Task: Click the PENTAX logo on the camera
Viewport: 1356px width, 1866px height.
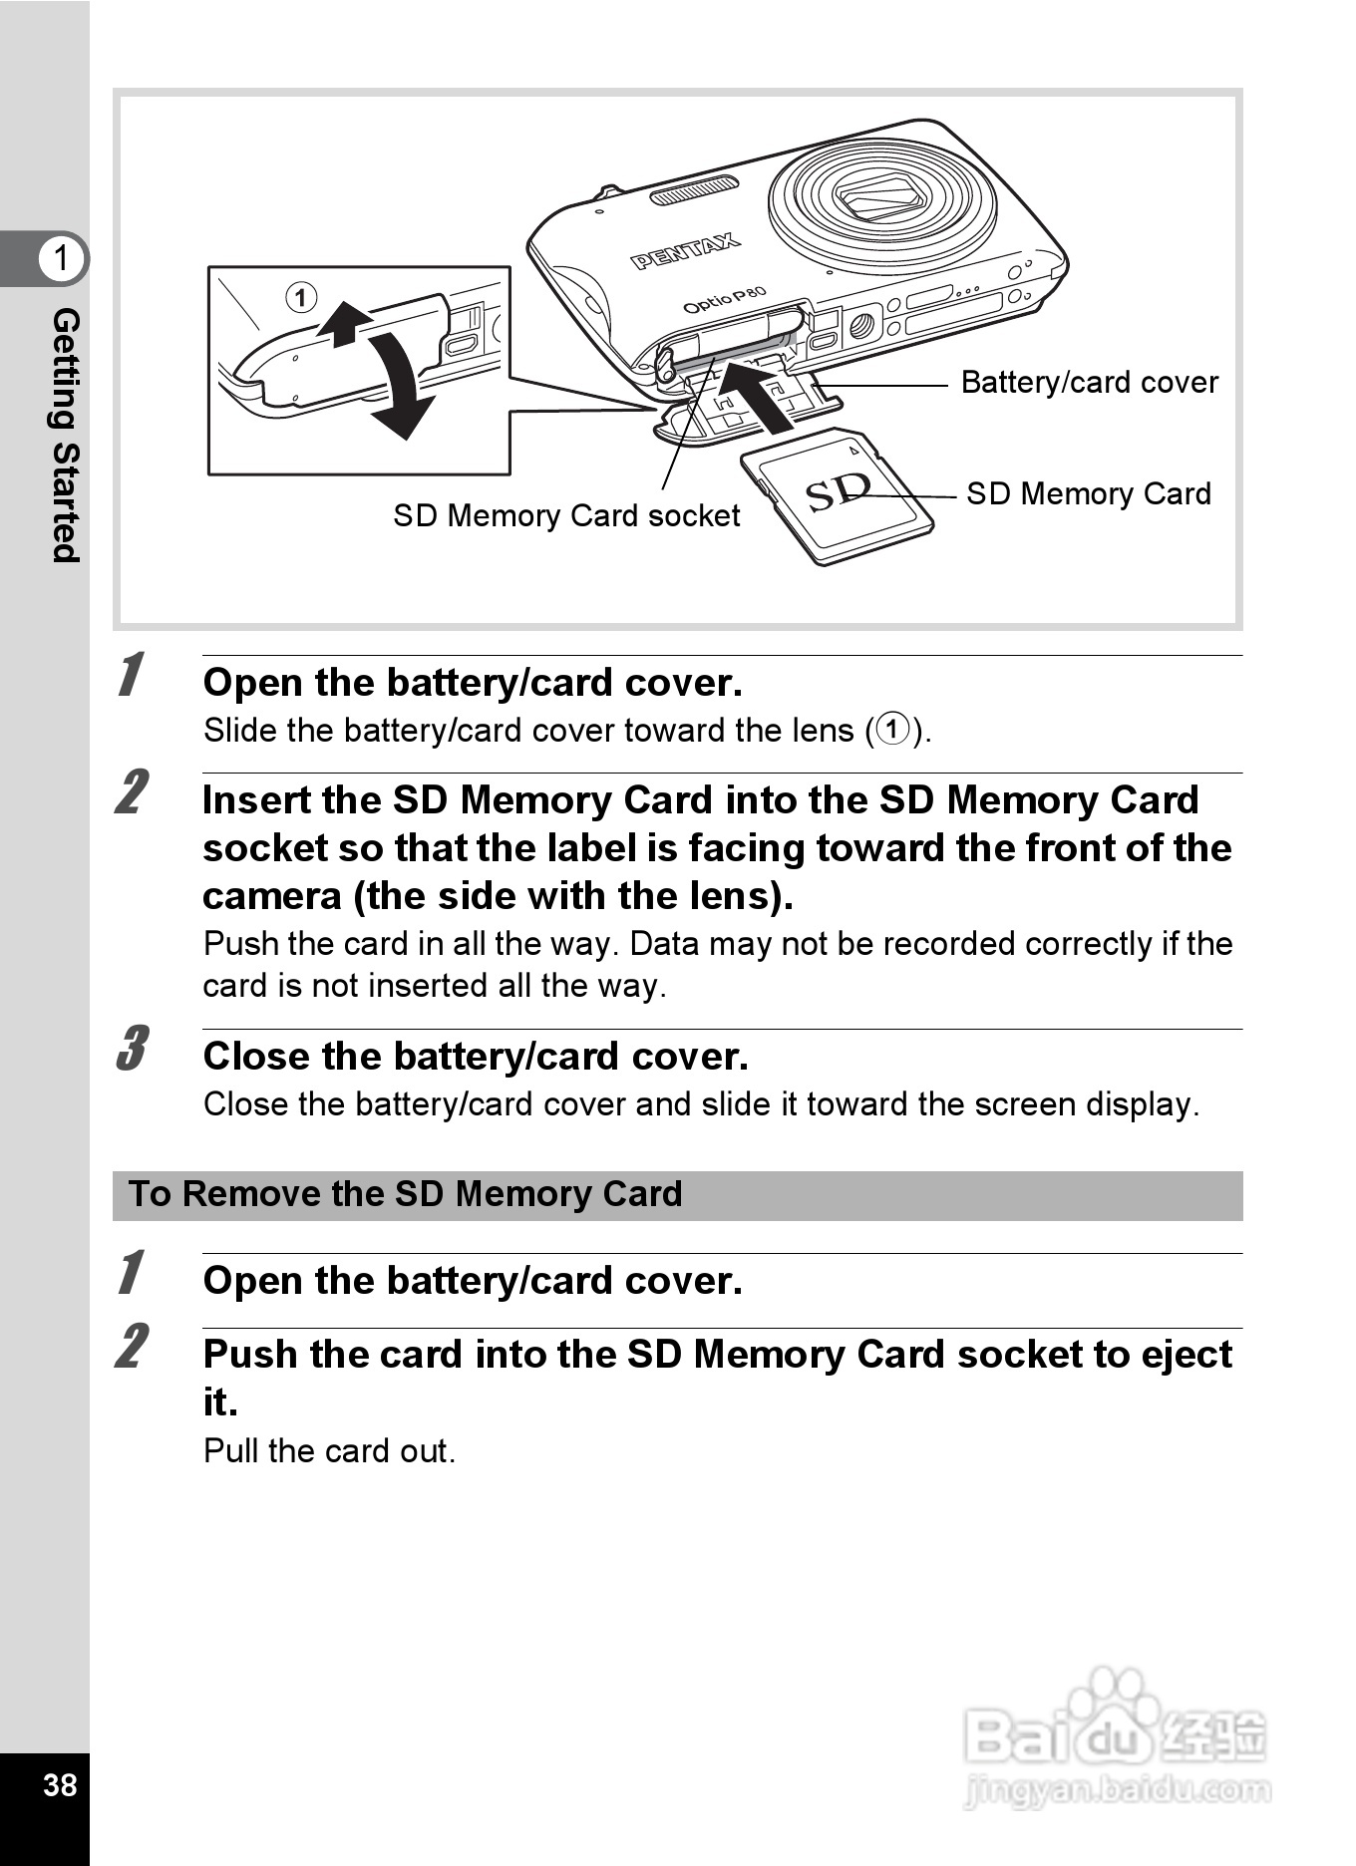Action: [x=685, y=252]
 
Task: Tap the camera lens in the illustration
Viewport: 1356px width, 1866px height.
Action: [x=881, y=196]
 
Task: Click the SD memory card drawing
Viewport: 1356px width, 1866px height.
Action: [x=838, y=495]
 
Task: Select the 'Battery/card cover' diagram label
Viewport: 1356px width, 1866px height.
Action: [x=1089, y=383]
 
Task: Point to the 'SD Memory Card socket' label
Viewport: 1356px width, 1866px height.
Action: [x=565, y=515]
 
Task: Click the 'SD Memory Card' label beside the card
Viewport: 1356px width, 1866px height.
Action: [x=1089, y=494]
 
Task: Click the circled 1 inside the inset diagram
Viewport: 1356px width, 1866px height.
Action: [x=301, y=297]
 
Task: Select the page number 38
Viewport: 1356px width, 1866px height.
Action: [x=60, y=1784]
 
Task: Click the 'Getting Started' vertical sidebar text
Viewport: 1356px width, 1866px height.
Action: [x=65, y=435]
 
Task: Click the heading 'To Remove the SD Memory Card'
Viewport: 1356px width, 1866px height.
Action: [x=406, y=1194]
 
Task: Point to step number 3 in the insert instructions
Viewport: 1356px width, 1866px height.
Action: [x=132, y=1049]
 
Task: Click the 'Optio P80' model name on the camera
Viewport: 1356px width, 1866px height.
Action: [x=724, y=300]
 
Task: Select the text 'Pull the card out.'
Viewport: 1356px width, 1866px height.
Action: [x=329, y=1451]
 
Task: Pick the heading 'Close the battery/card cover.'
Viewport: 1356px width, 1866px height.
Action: [x=475, y=1057]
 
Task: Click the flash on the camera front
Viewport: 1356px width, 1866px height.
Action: [x=694, y=189]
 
